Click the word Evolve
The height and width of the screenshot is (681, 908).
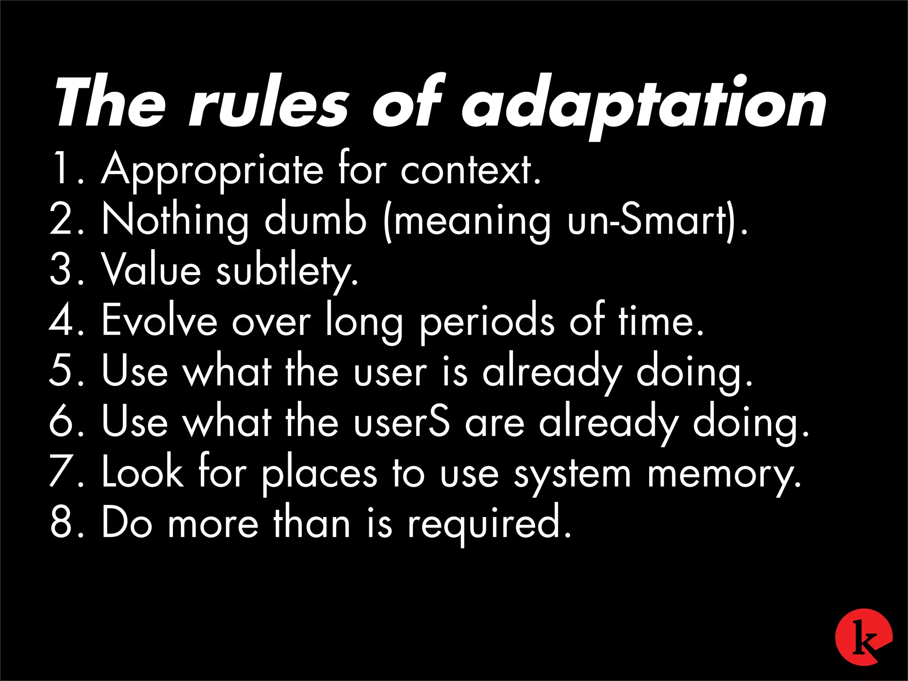160,320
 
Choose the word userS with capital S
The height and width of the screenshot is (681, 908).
401,422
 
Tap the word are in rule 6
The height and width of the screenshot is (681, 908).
494,423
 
